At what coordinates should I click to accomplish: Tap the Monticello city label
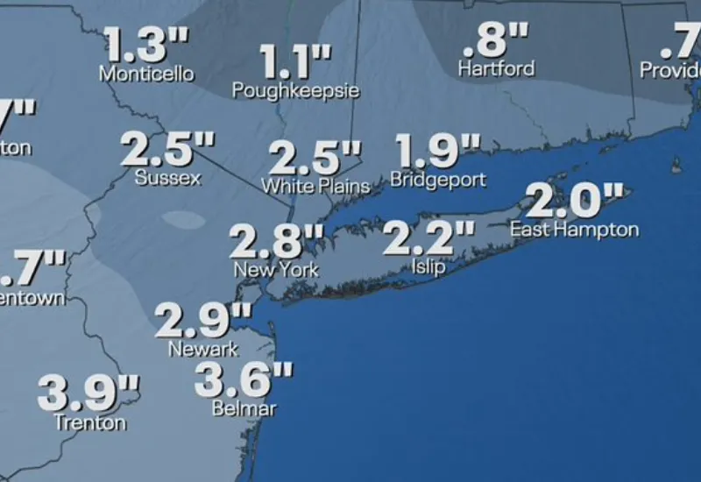[x=146, y=74]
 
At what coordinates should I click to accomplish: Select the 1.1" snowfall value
[x=296, y=63]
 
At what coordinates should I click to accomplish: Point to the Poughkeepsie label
[x=296, y=90]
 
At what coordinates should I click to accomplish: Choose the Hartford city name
[x=496, y=68]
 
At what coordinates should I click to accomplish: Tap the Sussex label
[x=168, y=178]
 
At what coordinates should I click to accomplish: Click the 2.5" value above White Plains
[x=315, y=159]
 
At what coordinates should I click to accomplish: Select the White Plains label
[x=315, y=186]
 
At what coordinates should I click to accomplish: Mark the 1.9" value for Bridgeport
[x=439, y=150]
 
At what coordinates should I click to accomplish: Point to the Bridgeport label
[x=438, y=179]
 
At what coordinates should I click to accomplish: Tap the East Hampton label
[x=574, y=230]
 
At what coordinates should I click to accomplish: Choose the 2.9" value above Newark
[x=203, y=321]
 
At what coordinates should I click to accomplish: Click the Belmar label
[x=244, y=408]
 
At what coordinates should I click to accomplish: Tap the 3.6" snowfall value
[x=244, y=379]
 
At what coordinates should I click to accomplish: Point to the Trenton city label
[x=89, y=422]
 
